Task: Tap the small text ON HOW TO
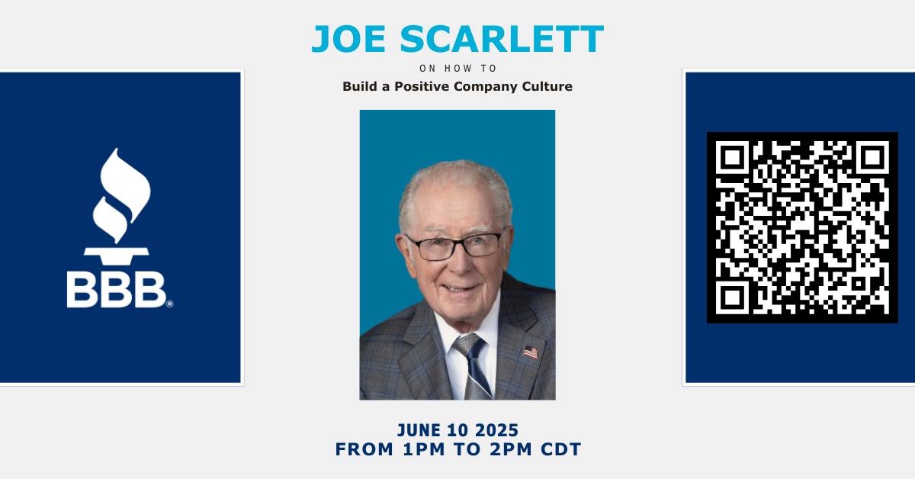click(457, 69)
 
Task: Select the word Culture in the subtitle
click(546, 86)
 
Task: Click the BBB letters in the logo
click(116, 290)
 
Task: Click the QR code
click(802, 227)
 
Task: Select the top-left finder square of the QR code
click(733, 158)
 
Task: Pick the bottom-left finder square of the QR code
click(733, 297)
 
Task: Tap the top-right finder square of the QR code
click(872, 158)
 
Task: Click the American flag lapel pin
click(530, 352)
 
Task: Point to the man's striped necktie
click(473, 366)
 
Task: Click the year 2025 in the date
click(497, 430)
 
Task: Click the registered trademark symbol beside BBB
click(169, 304)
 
